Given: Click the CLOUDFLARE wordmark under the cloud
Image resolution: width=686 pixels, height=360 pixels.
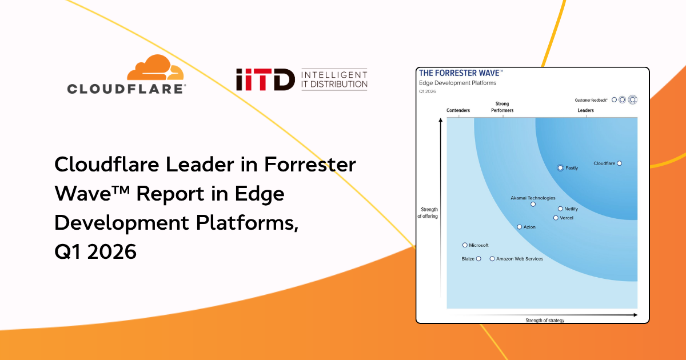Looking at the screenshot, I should [x=126, y=89].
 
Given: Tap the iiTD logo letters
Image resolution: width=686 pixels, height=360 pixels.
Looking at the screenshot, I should [x=265, y=80].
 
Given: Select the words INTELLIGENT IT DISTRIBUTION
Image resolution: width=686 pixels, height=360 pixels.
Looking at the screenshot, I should [x=334, y=80].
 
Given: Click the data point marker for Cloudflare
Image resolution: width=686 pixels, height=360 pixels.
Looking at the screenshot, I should [x=619, y=163].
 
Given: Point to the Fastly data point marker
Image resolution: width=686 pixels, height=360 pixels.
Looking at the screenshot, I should [x=560, y=168].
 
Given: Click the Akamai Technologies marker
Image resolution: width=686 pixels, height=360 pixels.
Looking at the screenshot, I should [x=533, y=204].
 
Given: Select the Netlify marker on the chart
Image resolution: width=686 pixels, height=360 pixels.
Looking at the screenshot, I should [x=560, y=209].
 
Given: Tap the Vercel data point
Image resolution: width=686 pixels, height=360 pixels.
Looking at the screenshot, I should [x=556, y=218].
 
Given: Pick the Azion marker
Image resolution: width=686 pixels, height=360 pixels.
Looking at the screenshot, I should [x=519, y=227].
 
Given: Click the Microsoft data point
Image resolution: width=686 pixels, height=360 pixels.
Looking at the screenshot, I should [x=465, y=245].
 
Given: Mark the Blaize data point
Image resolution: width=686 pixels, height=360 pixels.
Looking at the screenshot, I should [x=478, y=259].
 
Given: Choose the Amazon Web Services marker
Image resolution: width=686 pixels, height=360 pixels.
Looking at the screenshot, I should [x=492, y=259].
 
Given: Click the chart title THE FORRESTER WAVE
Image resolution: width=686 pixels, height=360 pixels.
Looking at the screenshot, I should [x=460, y=73].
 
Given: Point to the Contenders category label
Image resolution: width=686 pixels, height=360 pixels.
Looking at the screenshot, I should [x=458, y=110].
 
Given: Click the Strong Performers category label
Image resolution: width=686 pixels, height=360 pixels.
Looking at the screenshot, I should [x=503, y=107].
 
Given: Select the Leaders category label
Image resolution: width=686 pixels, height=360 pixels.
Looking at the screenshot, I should [x=585, y=110].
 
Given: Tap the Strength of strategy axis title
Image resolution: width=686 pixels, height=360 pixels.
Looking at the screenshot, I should [x=545, y=321].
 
